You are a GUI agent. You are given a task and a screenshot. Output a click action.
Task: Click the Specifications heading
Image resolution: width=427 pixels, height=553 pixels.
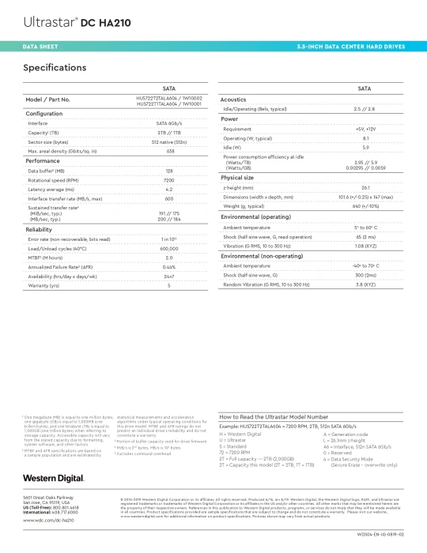[55, 68]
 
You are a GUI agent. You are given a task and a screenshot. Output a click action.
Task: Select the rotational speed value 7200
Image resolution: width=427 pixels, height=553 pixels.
[169, 180]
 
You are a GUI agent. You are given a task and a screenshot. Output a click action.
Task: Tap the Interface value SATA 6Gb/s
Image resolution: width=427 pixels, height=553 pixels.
[169, 123]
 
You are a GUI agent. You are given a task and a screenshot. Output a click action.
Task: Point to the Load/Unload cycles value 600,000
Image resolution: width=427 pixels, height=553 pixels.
[169, 248]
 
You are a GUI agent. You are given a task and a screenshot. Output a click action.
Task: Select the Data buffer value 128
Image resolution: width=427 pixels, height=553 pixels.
[169, 171]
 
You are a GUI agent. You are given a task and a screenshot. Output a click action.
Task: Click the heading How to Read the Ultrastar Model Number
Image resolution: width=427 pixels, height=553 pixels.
[273, 416]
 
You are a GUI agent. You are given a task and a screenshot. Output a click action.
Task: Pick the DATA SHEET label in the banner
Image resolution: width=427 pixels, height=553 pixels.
[40, 47]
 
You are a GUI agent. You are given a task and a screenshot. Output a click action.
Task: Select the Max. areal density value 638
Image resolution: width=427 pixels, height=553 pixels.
[169, 151]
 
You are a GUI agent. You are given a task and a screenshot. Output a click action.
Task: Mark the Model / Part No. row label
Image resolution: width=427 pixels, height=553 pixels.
[48, 100]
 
